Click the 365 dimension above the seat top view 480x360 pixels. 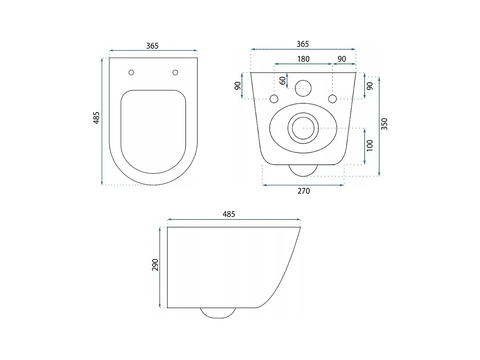tap(152, 46)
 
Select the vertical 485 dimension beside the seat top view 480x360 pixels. tap(96, 117)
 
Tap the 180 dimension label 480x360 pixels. tap(303, 59)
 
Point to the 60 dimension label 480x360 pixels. tap(283, 81)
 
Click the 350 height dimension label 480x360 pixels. tap(385, 124)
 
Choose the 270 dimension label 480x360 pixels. tap(303, 191)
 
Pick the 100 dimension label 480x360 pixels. tap(370, 146)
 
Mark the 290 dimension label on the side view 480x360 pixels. tap(155, 265)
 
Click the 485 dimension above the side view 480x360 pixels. tap(229, 214)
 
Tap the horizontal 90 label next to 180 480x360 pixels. tap(342, 59)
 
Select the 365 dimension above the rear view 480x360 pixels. tap(302, 44)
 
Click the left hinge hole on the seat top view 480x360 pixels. tap(131, 73)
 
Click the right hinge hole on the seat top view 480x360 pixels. tap(175, 73)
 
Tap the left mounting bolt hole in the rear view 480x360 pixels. tap(274, 99)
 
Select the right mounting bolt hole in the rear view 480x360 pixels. tap(332, 99)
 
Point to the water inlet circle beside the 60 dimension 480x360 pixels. tap(303, 88)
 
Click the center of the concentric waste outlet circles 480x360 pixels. tap(303, 128)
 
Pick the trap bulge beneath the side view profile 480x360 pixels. tap(218, 313)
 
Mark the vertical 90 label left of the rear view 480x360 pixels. tap(238, 86)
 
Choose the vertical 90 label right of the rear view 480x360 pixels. tap(370, 86)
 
